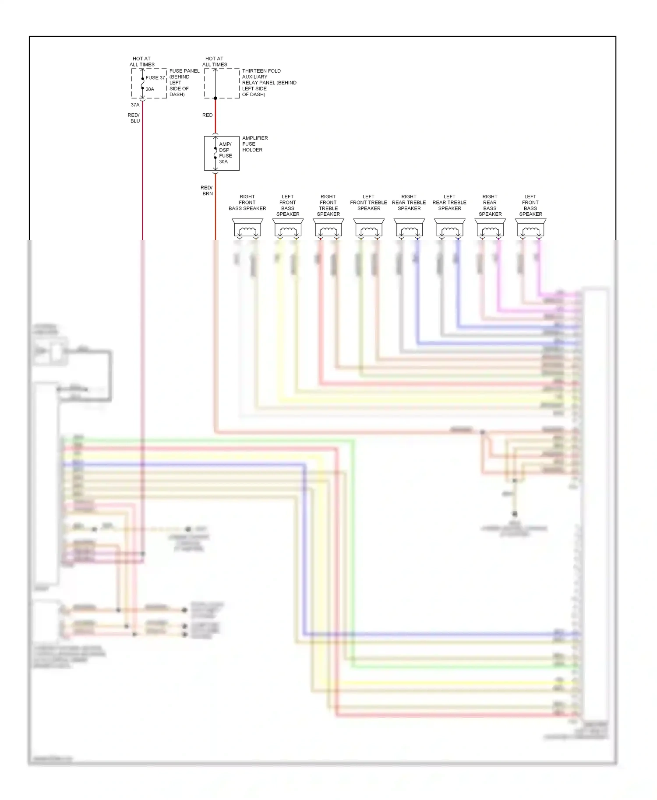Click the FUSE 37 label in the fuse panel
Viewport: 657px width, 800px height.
[155, 78]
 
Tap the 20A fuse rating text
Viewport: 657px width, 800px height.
[150, 89]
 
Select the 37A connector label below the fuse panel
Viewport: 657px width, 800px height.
[135, 105]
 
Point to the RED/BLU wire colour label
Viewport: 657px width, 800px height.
[134, 118]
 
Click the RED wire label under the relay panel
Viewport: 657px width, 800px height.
[207, 115]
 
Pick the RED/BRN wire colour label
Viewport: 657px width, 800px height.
[207, 191]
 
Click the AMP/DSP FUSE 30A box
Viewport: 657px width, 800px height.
[222, 153]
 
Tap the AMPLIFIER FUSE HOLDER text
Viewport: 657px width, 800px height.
[255, 144]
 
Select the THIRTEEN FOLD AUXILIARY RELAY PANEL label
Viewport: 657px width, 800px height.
[269, 83]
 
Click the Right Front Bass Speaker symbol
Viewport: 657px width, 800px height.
[247, 228]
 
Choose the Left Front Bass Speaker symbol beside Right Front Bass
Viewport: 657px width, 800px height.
[288, 228]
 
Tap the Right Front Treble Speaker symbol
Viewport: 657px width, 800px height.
[328, 228]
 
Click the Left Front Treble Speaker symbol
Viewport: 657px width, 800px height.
[369, 228]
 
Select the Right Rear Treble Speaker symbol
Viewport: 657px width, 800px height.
[409, 228]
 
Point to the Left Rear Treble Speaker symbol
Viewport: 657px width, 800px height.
[449, 228]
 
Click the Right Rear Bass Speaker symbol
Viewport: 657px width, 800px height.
[490, 228]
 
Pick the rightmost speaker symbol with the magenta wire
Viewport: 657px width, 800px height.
[530, 228]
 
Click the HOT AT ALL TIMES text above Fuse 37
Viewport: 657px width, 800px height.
[142, 61]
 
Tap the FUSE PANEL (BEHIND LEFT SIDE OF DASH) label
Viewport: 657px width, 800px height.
[184, 83]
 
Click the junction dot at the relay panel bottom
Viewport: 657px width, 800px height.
[215, 98]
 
